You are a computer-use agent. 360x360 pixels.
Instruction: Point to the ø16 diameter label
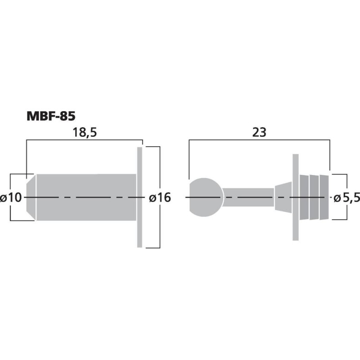159,198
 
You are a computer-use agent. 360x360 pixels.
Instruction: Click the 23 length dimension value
260,132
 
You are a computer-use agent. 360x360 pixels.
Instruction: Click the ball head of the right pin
206,197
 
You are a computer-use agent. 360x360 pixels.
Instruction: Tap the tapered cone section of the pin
283,197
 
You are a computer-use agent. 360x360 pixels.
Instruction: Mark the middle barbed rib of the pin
314,197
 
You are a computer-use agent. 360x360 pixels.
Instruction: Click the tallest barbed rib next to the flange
304,197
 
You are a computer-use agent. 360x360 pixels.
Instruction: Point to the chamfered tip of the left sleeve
31,197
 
